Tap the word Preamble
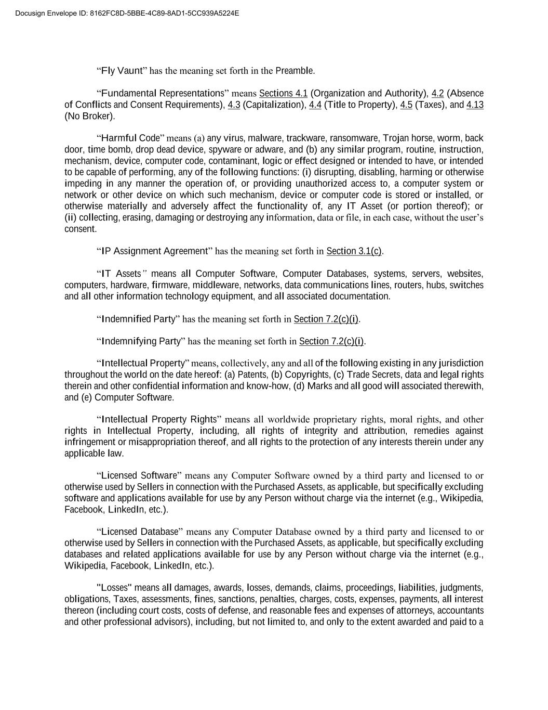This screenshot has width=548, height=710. (x=295, y=70)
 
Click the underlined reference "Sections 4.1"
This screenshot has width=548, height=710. (x=283, y=93)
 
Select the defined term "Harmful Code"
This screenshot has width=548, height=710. (x=130, y=138)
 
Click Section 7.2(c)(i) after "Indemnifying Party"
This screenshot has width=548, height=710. (x=331, y=341)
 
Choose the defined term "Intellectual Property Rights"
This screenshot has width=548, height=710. (x=159, y=419)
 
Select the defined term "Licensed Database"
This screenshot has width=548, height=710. (x=140, y=532)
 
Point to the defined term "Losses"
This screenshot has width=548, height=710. (x=114, y=588)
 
